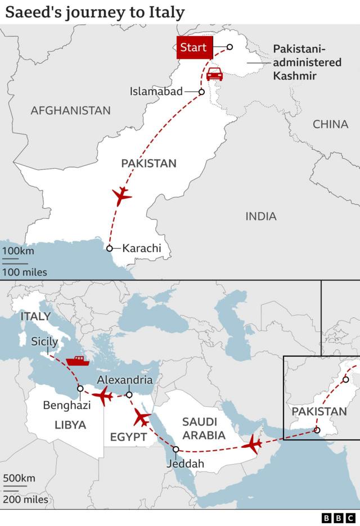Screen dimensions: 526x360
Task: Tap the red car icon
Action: (x=214, y=74)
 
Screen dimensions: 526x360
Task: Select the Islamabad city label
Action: (x=156, y=91)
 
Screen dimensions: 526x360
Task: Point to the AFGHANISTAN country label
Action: (x=70, y=110)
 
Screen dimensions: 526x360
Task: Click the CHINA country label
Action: (x=330, y=124)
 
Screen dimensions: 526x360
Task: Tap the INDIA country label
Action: (x=261, y=216)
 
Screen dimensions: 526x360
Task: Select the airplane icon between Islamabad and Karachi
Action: (x=121, y=196)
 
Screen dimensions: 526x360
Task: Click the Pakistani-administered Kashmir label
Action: (x=307, y=62)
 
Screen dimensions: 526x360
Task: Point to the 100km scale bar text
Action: (x=18, y=251)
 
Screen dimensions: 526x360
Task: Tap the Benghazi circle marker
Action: (x=80, y=389)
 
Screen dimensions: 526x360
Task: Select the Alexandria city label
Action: (x=125, y=380)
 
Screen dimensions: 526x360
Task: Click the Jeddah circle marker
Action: (x=176, y=449)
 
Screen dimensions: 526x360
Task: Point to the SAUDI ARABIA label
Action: (x=204, y=428)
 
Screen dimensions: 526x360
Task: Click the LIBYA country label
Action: (x=70, y=425)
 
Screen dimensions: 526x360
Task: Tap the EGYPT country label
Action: (x=128, y=437)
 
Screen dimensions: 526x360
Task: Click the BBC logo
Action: (x=339, y=518)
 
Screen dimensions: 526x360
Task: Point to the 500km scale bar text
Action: (x=19, y=479)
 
